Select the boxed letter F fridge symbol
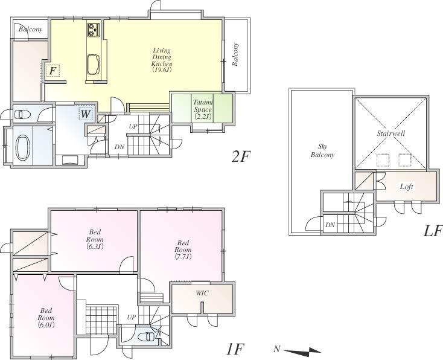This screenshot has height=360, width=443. point(53,71)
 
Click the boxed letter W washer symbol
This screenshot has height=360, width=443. point(86,113)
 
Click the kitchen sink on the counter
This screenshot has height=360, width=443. point(95,63)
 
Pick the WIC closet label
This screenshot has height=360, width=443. point(202,293)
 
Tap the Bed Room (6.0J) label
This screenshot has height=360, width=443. point(46,318)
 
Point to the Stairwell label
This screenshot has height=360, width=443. point(390,132)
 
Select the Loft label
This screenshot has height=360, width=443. point(407,187)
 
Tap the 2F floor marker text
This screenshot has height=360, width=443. point(240,156)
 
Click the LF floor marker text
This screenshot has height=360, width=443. point(432,231)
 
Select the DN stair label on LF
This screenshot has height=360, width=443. point(330,225)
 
